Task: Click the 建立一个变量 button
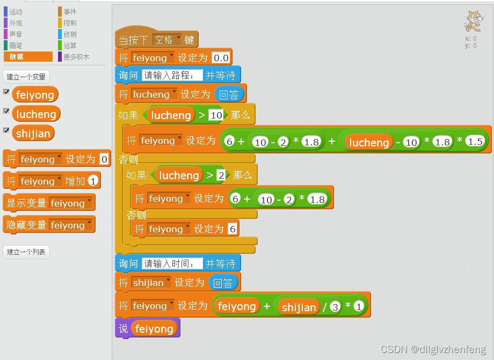tap(26, 77)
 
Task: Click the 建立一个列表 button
tap(26, 252)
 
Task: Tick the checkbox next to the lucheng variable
tap(6, 111)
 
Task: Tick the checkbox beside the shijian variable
tap(6, 130)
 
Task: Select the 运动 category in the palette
tap(16, 12)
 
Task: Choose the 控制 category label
tap(70, 23)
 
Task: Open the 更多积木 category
tap(76, 57)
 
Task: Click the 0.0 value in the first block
tap(221, 58)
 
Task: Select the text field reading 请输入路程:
tap(172, 76)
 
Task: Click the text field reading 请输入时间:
tap(172, 263)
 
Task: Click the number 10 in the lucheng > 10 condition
tap(216, 115)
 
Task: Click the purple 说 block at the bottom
tap(122, 329)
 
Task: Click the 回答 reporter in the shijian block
tap(222, 283)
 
